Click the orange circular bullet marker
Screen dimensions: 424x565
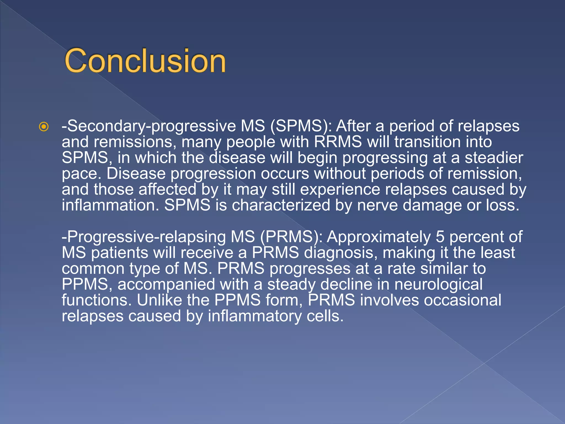click(x=44, y=127)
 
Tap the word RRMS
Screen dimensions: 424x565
click(x=338, y=142)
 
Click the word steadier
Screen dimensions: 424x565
click(x=494, y=158)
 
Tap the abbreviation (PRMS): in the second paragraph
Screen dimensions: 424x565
click(x=291, y=237)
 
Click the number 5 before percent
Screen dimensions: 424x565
click(x=440, y=237)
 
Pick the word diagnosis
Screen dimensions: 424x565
click(x=340, y=253)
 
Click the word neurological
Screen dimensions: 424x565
click(x=438, y=284)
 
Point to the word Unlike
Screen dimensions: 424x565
click(x=159, y=300)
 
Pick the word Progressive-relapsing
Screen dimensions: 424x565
click(x=144, y=237)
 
